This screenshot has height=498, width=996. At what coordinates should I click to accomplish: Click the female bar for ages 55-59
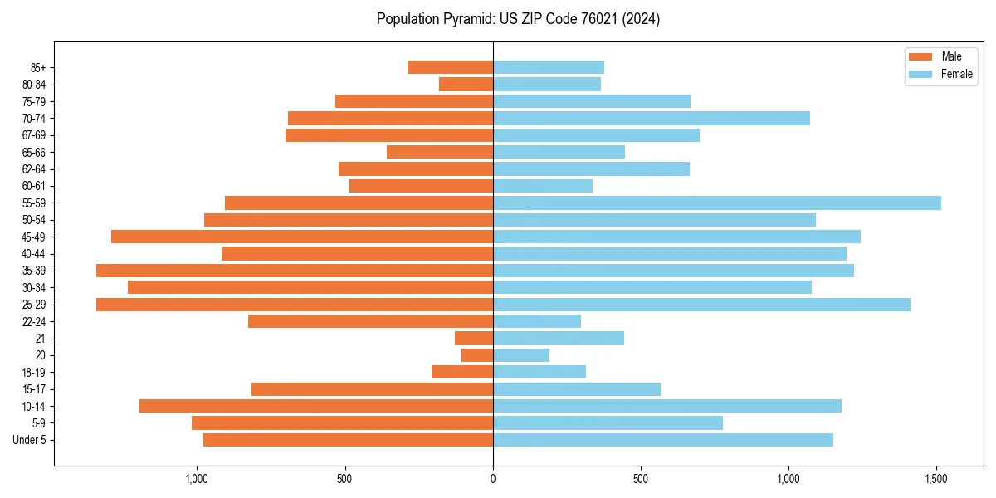coord(717,203)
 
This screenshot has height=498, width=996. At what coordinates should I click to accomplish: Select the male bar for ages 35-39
coord(295,271)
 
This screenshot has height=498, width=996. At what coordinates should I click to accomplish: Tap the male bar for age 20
coord(477,355)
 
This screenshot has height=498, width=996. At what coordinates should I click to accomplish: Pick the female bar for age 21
coord(559,339)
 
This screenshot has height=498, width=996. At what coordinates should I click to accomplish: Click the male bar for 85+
coord(450,67)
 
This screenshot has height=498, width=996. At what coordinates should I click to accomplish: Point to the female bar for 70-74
coord(652,119)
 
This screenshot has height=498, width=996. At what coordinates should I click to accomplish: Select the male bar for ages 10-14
coord(316,406)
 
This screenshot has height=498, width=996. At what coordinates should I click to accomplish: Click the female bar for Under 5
coord(663,440)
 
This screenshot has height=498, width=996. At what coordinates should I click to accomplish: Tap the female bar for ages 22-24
coord(537,321)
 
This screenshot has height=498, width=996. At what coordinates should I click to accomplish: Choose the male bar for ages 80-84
coord(466,85)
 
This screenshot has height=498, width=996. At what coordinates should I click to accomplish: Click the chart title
coord(518,19)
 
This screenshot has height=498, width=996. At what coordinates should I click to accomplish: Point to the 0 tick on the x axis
coord(493,479)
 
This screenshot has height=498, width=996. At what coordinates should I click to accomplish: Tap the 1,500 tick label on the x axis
coord(936,479)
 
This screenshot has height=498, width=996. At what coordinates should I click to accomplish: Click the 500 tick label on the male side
coord(345,479)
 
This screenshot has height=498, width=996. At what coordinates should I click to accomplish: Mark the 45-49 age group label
coord(35,237)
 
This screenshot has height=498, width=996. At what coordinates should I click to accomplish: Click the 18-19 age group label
coord(35,373)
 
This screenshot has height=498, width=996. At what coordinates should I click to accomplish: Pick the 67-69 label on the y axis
coord(35,135)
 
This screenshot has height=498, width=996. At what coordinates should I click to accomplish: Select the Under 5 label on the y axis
coord(30,440)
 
